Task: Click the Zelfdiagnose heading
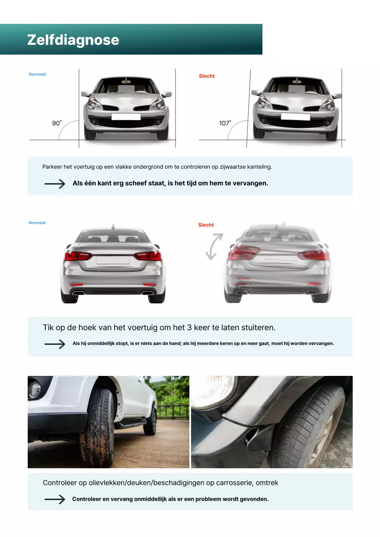[73, 40]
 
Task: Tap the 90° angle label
[56, 123]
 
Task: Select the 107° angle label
[225, 123]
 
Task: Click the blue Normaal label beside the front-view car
[37, 74]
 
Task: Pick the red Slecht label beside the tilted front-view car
[207, 76]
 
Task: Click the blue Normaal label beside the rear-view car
[37, 223]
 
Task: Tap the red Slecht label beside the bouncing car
[206, 225]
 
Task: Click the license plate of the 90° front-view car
[126, 116]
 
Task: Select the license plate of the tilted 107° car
[295, 116]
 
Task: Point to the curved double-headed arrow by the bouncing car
[214, 247]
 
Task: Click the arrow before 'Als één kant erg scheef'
[55, 184]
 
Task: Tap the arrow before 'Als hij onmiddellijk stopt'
[55, 344]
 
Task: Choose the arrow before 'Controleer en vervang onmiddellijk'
[55, 499]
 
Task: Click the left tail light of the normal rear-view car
[77, 255]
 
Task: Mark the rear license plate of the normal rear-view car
[113, 260]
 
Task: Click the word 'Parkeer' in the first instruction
[52, 167]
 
